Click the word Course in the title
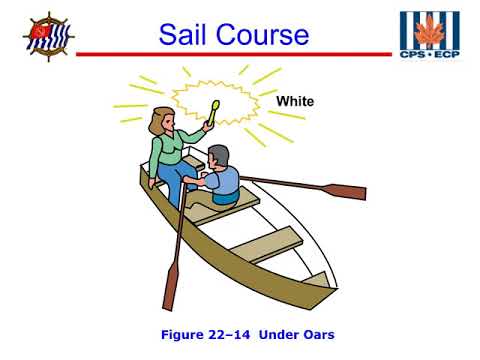click(x=263, y=35)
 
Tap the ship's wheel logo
click(x=47, y=37)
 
